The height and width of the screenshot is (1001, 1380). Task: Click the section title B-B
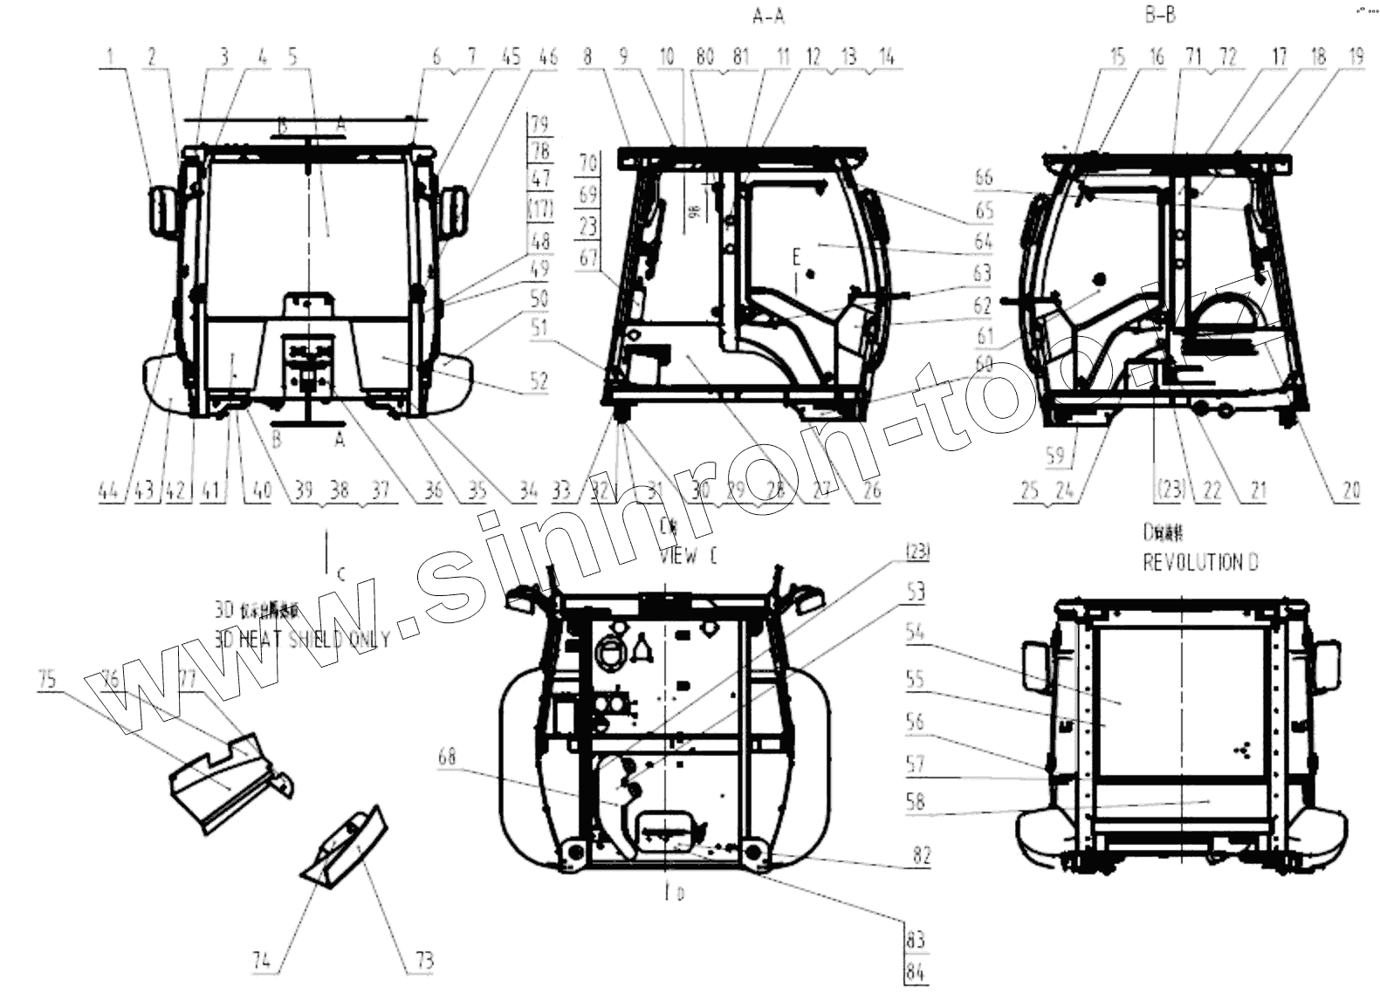click(1160, 15)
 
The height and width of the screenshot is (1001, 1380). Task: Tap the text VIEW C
click(688, 557)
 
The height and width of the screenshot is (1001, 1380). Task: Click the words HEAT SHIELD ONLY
click(314, 639)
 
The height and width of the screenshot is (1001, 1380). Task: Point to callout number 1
click(111, 58)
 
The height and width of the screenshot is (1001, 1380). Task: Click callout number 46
click(547, 58)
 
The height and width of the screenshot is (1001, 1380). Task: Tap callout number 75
click(48, 678)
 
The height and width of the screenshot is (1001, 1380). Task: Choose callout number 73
click(424, 961)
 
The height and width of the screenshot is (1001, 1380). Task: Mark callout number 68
click(447, 757)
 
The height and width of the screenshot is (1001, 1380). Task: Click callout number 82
click(922, 855)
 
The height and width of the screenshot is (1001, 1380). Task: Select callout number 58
click(915, 801)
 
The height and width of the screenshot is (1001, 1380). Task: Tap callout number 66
click(985, 176)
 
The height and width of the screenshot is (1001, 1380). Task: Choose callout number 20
click(1351, 491)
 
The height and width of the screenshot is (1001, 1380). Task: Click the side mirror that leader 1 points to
click(163, 210)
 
